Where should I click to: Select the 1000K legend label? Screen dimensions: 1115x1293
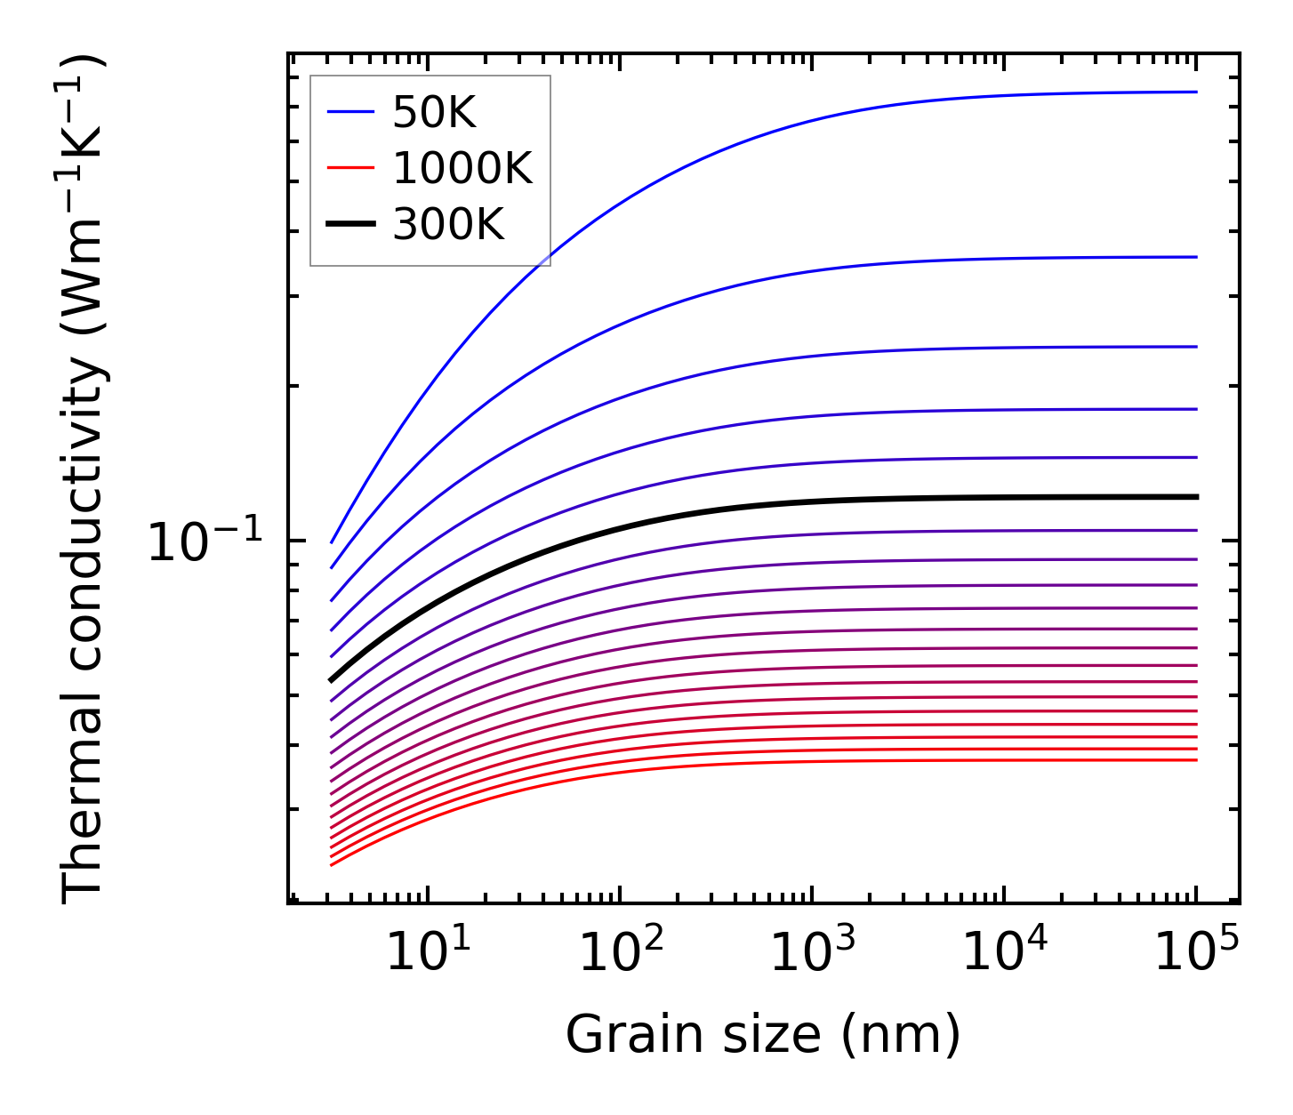(x=462, y=167)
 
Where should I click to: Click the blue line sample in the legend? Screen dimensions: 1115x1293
(x=350, y=112)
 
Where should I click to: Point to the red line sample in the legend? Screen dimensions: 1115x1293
(x=350, y=167)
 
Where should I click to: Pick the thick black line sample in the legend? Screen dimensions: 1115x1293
(x=350, y=224)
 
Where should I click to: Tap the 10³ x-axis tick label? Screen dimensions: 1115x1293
(x=812, y=952)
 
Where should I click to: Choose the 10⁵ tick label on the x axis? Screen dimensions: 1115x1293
(x=1196, y=952)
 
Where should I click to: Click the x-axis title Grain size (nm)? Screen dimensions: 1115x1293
(x=763, y=1034)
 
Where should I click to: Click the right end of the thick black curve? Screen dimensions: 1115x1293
(x=1197, y=497)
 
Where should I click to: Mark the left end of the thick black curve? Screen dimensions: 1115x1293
(x=331, y=680)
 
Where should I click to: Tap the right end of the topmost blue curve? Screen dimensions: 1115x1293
(x=1197, y=92)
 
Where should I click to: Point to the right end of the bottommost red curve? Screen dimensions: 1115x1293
(x=1197, y=760)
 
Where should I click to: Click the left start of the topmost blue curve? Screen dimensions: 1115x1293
(x=331, y=542)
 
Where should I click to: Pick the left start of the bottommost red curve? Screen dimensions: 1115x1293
(x=331, y=865)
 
